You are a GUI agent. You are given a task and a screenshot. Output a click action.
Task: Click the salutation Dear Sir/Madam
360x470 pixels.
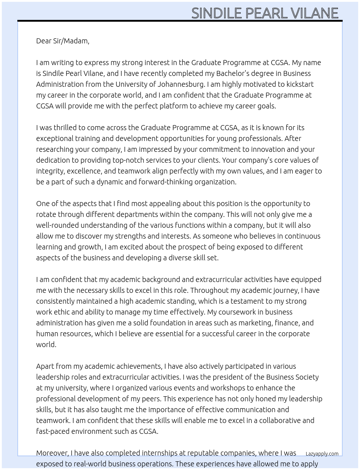(63, 41)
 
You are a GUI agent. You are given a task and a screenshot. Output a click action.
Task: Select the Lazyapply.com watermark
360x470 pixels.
(322, 454)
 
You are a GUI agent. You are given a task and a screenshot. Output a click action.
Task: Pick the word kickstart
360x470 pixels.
(299, 84)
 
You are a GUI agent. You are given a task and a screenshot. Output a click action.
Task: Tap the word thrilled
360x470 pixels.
(65, 128)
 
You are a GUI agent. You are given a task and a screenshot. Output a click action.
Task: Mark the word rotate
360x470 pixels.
(46, 214)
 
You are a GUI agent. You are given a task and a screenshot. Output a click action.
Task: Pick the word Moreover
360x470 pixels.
(52, 453)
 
